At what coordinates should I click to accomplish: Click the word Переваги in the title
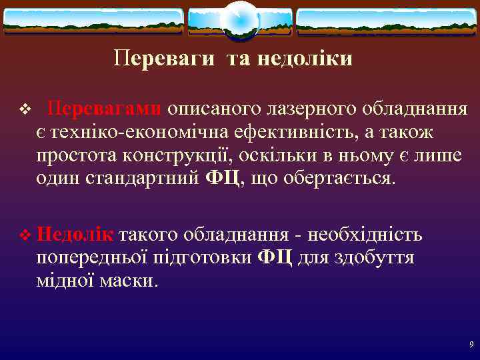pyautogui.click(x=164, y=59)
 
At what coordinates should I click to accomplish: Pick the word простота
pyautogui.click(x=77, y=156)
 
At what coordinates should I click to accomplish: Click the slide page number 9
pyautogui.click(x=471, y=345)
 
